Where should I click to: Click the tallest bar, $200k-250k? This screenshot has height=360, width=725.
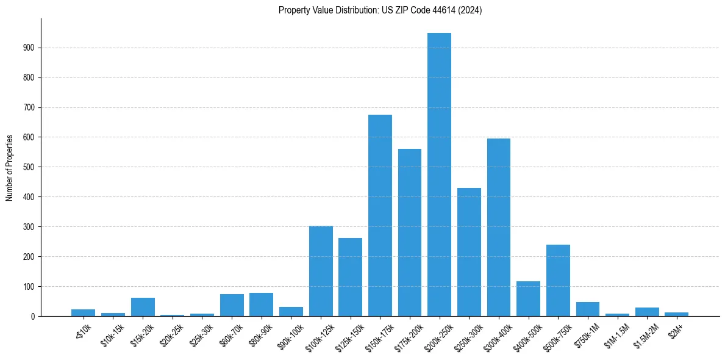click(x=439, y=175)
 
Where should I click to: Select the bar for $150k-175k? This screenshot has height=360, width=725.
click(x=380, y=215)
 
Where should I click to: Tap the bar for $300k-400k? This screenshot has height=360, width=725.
click(x=499, y=227)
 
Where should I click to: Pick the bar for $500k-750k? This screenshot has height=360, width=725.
click(x=558, y=281)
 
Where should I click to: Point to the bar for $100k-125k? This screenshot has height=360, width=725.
click(x=321, y=271)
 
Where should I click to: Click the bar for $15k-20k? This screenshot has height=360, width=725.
click(x=143, y=307)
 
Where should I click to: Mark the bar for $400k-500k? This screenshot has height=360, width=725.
click(x=528, y=299)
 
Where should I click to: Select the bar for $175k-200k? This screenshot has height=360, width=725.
click(x=410, y=232)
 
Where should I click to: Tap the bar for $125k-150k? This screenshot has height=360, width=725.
click(x=351, y=277)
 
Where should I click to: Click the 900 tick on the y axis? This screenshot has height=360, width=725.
click(x=29, y=48)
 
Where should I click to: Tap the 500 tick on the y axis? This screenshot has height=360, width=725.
click(x=29, y=167)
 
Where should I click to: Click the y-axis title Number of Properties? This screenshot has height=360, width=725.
click(x=9, y=167)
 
